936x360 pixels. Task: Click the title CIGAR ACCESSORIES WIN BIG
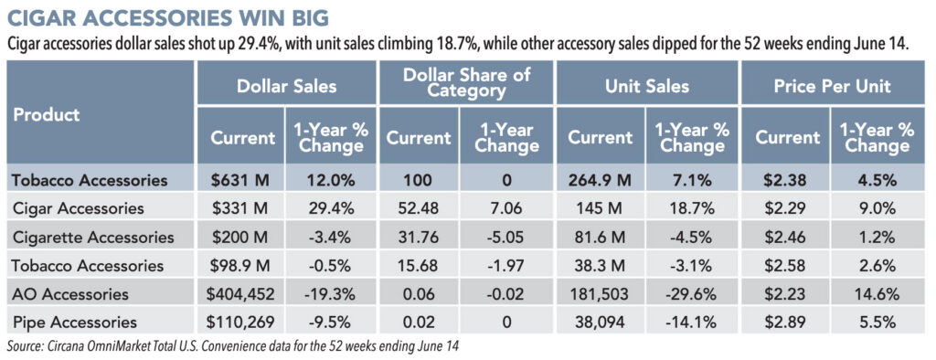167,17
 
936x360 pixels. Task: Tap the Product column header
47,114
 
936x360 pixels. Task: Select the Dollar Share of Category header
467,82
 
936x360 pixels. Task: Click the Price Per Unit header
832,86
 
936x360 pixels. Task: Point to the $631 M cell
239,180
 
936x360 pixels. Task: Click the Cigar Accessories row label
80,208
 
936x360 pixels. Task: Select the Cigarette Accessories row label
94,237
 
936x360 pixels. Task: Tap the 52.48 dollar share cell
419,208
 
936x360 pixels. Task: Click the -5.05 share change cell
508,237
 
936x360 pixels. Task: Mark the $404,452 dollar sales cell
239,294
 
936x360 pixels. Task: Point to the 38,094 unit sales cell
601,323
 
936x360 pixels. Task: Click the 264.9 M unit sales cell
601,180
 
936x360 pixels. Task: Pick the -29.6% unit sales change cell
691,294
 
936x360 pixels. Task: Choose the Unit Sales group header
648,86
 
